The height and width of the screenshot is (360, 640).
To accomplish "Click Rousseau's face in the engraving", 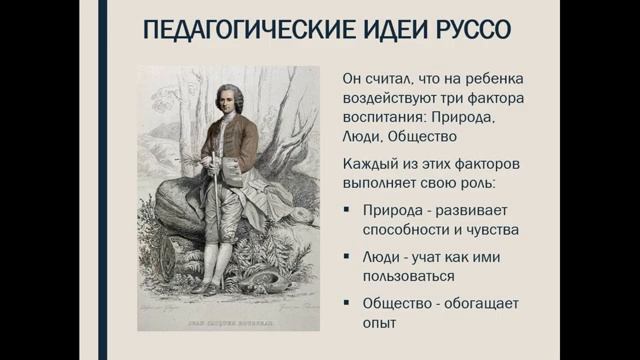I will click(229, 101).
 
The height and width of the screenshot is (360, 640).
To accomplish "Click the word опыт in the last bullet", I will click(377, 323).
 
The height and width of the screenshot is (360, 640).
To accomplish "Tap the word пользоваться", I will click(409, 276).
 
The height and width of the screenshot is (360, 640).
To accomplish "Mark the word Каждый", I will click(367, 163).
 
